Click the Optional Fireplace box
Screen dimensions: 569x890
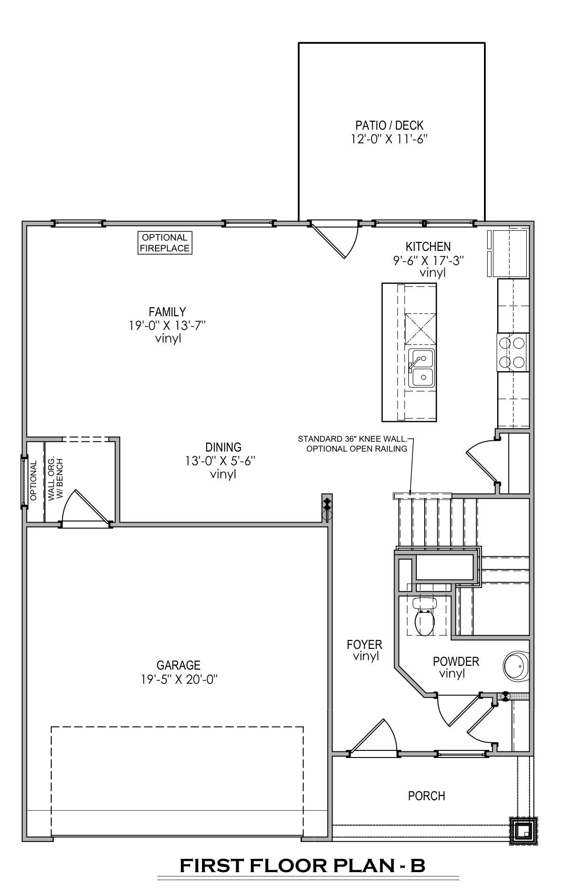click(165, 243)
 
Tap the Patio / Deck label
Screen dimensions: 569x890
click(389, 125)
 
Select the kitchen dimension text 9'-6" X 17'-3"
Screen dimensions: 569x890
click(429, 260)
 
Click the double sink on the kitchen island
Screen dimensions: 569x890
click(421, 368)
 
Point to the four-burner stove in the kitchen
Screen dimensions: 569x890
click(512, 352)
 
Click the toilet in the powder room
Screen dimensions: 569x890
click(425, 616)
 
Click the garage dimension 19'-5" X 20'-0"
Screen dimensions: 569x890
click(179, 679)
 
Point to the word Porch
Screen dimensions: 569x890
click(427, 796)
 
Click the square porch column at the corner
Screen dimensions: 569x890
click(523, 832)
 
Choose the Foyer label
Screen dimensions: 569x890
click(365, 644)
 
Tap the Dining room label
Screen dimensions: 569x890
click(223, 447)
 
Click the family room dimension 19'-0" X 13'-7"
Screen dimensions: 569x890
click(168, 325)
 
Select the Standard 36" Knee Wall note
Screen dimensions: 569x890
click(352, 439)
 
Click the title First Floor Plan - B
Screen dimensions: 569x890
click(302, 866)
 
